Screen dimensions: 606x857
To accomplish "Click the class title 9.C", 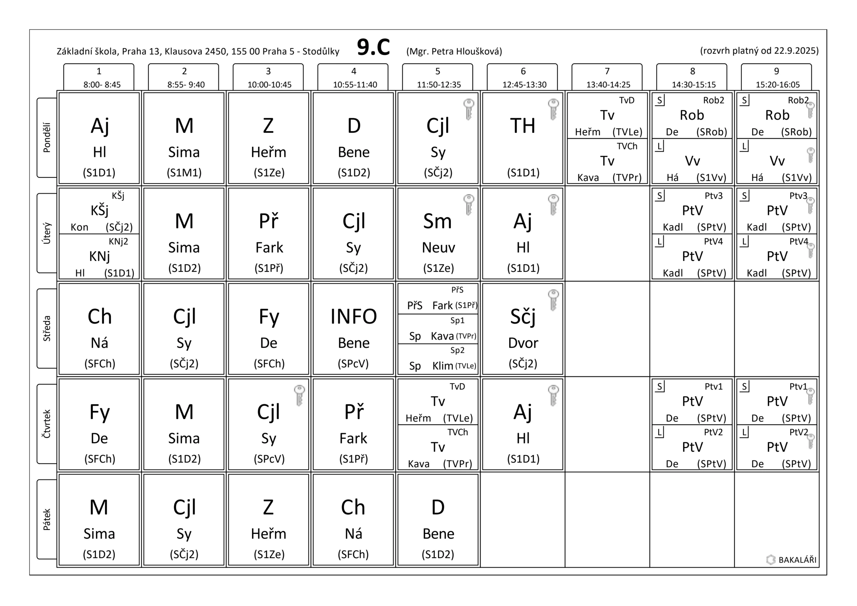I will [x=373, y=48].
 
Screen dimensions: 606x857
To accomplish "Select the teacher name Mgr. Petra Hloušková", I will [x=454, y=51].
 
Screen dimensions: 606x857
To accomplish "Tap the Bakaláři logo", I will [x=791, y=560].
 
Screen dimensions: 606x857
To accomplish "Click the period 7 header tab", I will [x=607, y=77].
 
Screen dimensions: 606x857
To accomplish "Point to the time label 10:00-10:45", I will [x=269, y=85].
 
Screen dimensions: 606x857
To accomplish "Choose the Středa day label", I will [x=47, y=328].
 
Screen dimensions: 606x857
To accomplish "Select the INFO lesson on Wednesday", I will [x=353, y=317].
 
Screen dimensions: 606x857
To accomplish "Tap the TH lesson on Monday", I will [x=523, y=126].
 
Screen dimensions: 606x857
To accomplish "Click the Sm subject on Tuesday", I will [x=438, y=221].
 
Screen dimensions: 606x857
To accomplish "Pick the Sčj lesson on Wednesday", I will [x=523, y=317].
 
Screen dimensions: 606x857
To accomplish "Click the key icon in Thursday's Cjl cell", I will [x=299, y=395].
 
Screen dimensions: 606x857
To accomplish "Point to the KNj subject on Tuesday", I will [x=99, y=256].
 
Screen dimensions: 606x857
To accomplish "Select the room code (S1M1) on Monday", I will [x=184, y=172].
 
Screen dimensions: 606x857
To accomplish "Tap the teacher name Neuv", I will [x=438, y=247].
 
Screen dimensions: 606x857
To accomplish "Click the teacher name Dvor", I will [x=523, y=343].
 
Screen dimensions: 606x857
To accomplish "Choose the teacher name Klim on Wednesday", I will [x=443, y=366].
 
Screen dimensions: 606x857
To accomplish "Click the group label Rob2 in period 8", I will [x=713, y=100].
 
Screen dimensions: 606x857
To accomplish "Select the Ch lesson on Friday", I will [x=353, y=508].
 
